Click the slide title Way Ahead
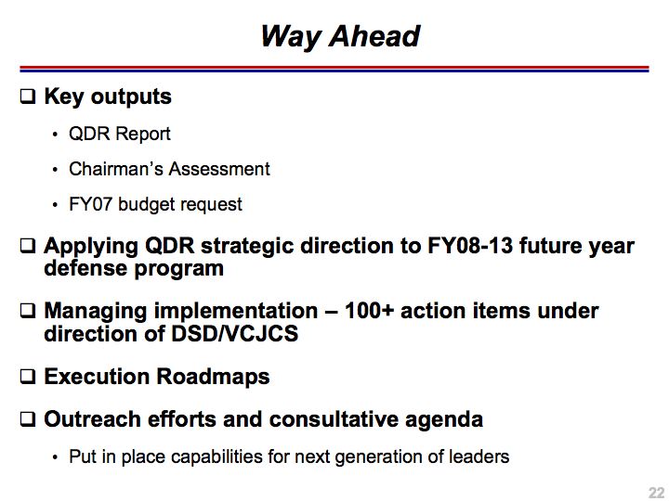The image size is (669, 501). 340,36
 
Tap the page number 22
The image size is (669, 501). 657,492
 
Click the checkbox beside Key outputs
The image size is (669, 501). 28,96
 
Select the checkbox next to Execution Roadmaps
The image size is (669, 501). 28,377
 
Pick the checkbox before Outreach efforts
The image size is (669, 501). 28,419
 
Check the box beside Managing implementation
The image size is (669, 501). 28,311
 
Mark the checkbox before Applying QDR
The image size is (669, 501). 28,246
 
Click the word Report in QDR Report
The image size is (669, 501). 143,135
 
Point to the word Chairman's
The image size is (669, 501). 115,169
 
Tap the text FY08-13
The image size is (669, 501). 470,246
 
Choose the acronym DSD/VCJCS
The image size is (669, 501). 235,334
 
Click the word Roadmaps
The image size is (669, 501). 213,378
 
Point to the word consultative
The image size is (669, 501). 334,419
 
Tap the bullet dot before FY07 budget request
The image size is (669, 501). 55,205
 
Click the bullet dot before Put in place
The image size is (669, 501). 55,458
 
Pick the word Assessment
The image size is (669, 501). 219,169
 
